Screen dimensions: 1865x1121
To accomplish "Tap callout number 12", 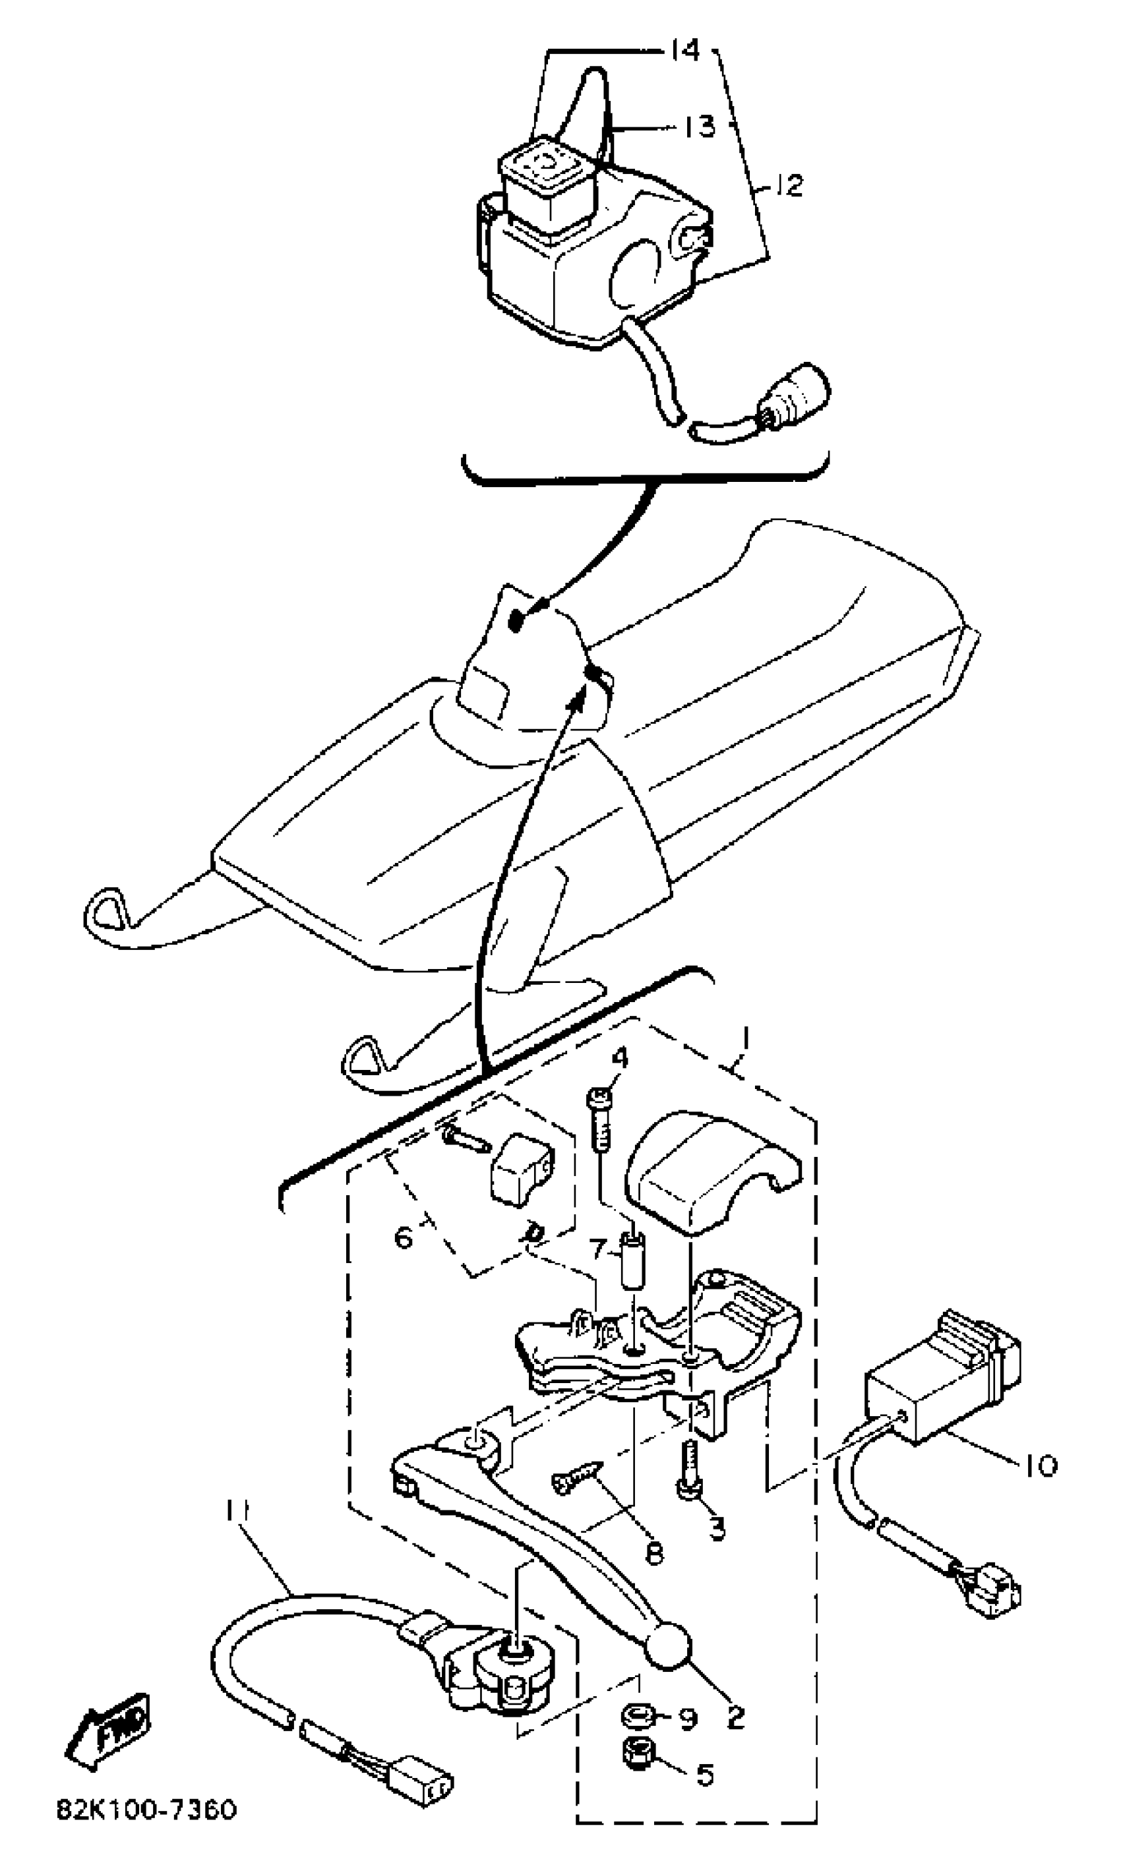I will coord(789,185).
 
